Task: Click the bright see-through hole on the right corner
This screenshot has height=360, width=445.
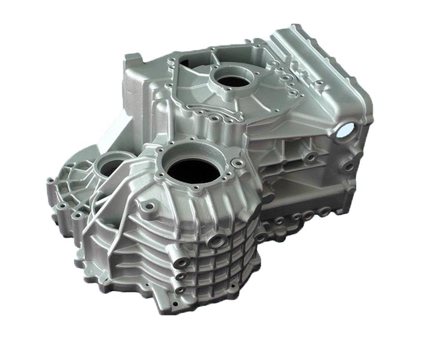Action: click(346, 129)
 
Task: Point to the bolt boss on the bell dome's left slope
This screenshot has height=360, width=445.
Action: click(148, 206)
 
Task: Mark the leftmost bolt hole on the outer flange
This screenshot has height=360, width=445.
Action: click(50, 181)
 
